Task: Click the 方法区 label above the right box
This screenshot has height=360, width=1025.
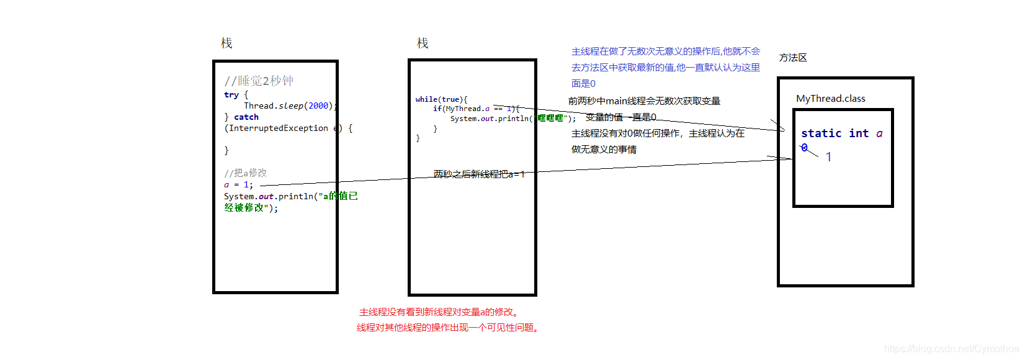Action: point(793,58)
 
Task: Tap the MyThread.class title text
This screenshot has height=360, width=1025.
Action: point(830,99)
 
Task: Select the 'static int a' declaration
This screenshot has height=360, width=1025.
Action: point(841,133)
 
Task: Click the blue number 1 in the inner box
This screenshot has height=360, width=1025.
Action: point(828,157)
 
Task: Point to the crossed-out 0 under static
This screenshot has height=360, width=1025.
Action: point(805,148)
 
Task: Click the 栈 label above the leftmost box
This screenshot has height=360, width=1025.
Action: point(226,43)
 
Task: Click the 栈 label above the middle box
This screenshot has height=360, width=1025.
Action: point(423,43)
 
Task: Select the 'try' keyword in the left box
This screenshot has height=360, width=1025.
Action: point(231,95)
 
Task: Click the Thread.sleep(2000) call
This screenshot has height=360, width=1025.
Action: point(289,106)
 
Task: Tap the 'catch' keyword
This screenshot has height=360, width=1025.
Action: point(246,117)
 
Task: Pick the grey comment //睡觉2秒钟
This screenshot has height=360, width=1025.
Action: point(259,81)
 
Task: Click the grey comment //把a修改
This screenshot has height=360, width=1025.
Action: point(245,173)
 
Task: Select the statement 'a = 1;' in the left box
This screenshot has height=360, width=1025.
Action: point(238,185)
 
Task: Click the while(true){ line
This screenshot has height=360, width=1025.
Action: point(441,99)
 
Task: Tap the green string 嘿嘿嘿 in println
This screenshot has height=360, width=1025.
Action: point(550,119)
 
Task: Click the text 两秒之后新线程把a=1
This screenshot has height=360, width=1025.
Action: point(479,174)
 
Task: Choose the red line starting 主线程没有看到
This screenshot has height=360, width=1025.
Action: point(439,312)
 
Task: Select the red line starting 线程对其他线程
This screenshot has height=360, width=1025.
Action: point(448,328)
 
